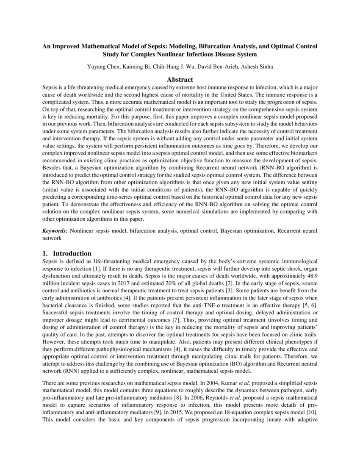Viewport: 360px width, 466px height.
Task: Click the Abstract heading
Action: coord(180,79)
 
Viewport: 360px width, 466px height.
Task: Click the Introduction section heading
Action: coord(72,253)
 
